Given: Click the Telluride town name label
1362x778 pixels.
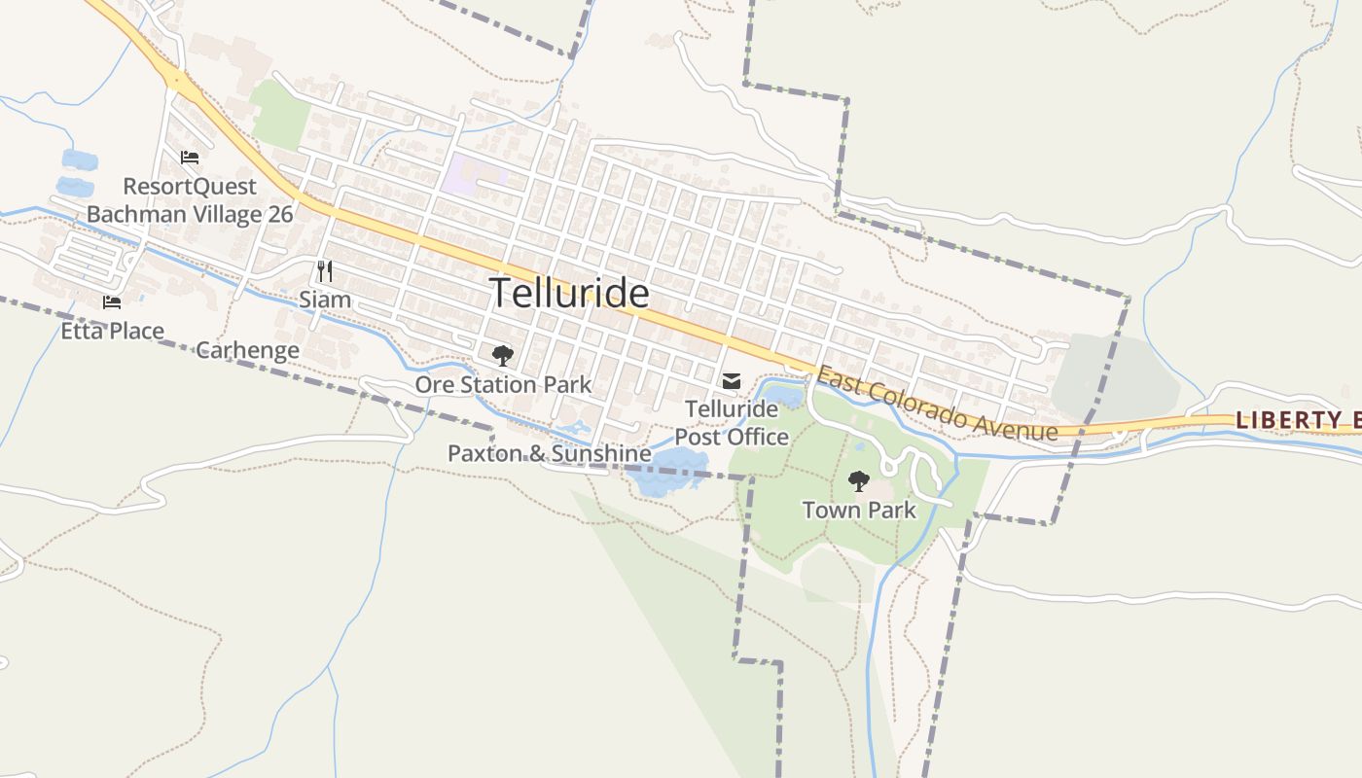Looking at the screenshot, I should (569, 293).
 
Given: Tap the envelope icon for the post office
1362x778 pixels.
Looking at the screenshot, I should (732, 381).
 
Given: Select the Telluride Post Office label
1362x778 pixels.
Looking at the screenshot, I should (732, 423).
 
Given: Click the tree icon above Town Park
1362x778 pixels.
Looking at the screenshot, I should (858, 480).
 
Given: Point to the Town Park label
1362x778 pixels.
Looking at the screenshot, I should (859, 510).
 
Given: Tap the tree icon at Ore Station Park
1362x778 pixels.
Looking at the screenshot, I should (502, 356).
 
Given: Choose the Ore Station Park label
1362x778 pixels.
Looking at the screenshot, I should (503, 385).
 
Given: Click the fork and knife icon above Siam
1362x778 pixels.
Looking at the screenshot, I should (325, 270).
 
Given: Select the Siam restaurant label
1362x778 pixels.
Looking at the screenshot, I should (325, 300).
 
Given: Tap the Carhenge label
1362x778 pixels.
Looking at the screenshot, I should (247, 350).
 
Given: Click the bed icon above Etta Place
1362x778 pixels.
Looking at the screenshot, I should (112, 302).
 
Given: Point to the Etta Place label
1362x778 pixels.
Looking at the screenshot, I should (112, 331).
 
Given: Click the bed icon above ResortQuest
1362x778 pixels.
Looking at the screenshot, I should (190, 158).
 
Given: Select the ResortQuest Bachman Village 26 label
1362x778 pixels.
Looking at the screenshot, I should (190, 200).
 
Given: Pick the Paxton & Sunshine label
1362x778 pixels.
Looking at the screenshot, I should (549, 453).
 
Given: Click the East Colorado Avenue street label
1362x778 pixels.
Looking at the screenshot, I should (937, 404).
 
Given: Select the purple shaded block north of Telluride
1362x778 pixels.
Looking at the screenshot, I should (474, 173).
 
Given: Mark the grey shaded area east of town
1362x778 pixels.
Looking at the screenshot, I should (1114, 374).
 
